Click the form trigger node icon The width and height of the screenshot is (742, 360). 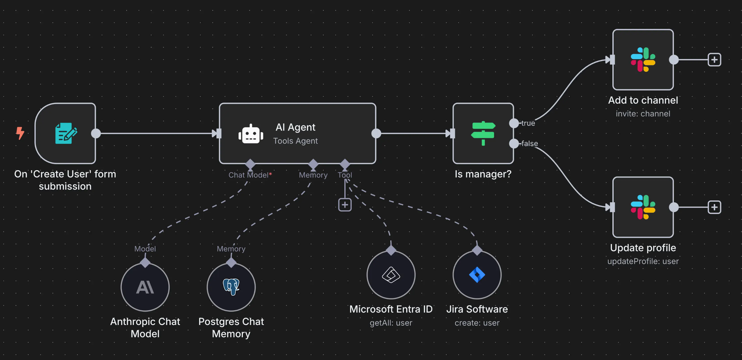point(66,133)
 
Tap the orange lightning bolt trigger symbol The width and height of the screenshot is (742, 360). point(20,133)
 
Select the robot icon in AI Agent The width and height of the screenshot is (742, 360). point(251,134)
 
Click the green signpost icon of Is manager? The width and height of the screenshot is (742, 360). point(483,133)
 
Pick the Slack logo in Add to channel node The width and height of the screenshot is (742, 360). point(643,60)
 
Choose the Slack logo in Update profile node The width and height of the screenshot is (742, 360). point(643,207)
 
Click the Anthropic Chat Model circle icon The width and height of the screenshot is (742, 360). point(145,287)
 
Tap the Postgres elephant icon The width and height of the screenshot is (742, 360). point(231,286)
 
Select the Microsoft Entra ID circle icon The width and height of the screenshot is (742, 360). point(391,275)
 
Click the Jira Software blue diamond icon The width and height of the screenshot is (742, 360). point(477,275)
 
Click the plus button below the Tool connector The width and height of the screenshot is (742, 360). point(345,205)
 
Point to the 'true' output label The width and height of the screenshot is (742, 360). point(528,123)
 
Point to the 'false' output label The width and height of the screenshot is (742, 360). point(530,143)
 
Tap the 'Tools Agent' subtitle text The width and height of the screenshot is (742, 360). point(295,141)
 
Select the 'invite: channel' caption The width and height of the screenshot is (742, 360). point(643,114)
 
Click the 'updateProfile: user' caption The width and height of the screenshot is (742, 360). point(643,261)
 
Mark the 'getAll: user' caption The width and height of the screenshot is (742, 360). point(391,323)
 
